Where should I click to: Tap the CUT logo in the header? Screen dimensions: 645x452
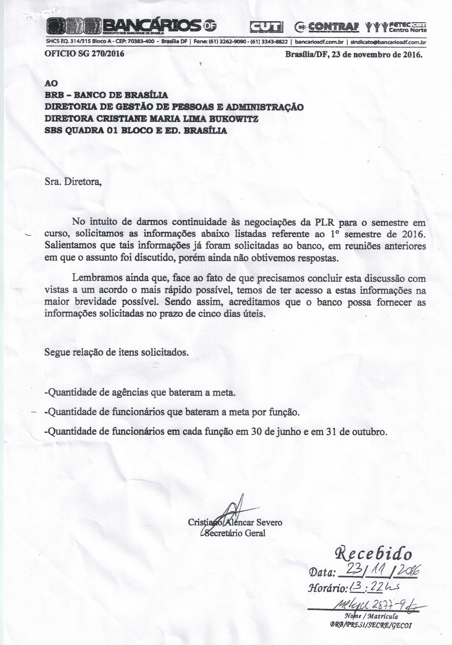[267, 27]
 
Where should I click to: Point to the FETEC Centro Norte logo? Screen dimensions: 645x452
[396, 27]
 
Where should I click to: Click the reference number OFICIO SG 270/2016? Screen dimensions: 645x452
[84, 53]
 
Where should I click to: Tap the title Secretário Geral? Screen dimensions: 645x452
[235, 533]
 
